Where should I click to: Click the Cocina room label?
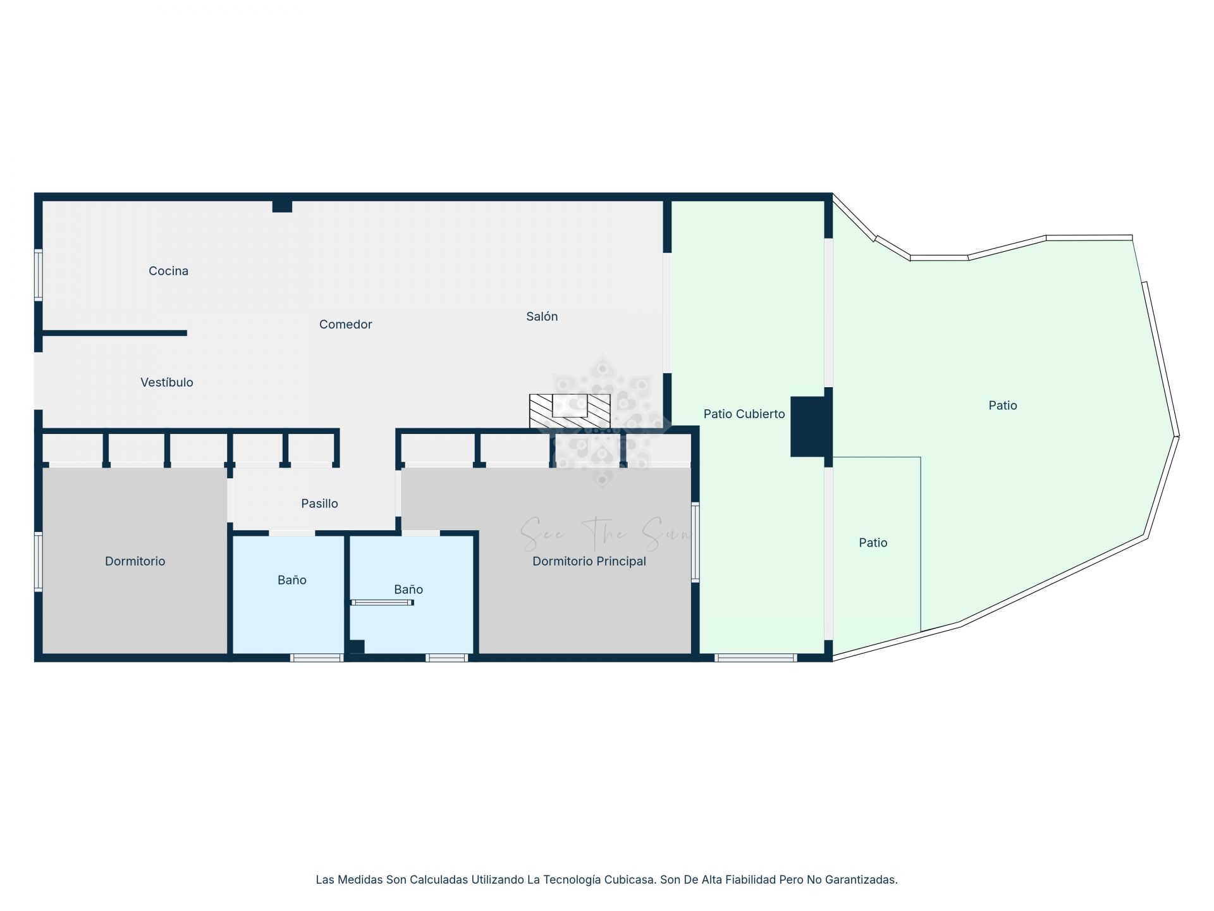168,271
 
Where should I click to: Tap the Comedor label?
345,325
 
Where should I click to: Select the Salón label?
542,316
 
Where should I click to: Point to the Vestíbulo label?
166,382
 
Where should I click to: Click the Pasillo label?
319,504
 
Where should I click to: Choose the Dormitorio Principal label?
589,561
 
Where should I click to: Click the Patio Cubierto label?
744,414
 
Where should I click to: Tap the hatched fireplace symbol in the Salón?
569,411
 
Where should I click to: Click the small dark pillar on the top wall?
282,206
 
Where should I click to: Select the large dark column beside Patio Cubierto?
809,426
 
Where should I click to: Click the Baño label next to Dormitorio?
291,580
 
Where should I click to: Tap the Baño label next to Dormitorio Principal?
408,590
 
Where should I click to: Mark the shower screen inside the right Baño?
382,603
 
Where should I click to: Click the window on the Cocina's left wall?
39,275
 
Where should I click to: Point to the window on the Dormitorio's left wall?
39,561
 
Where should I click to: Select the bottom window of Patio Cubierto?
755,659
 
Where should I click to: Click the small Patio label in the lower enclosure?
873,543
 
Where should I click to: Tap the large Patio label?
1002,406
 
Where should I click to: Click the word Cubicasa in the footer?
630,879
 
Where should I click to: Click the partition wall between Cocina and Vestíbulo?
114,333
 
